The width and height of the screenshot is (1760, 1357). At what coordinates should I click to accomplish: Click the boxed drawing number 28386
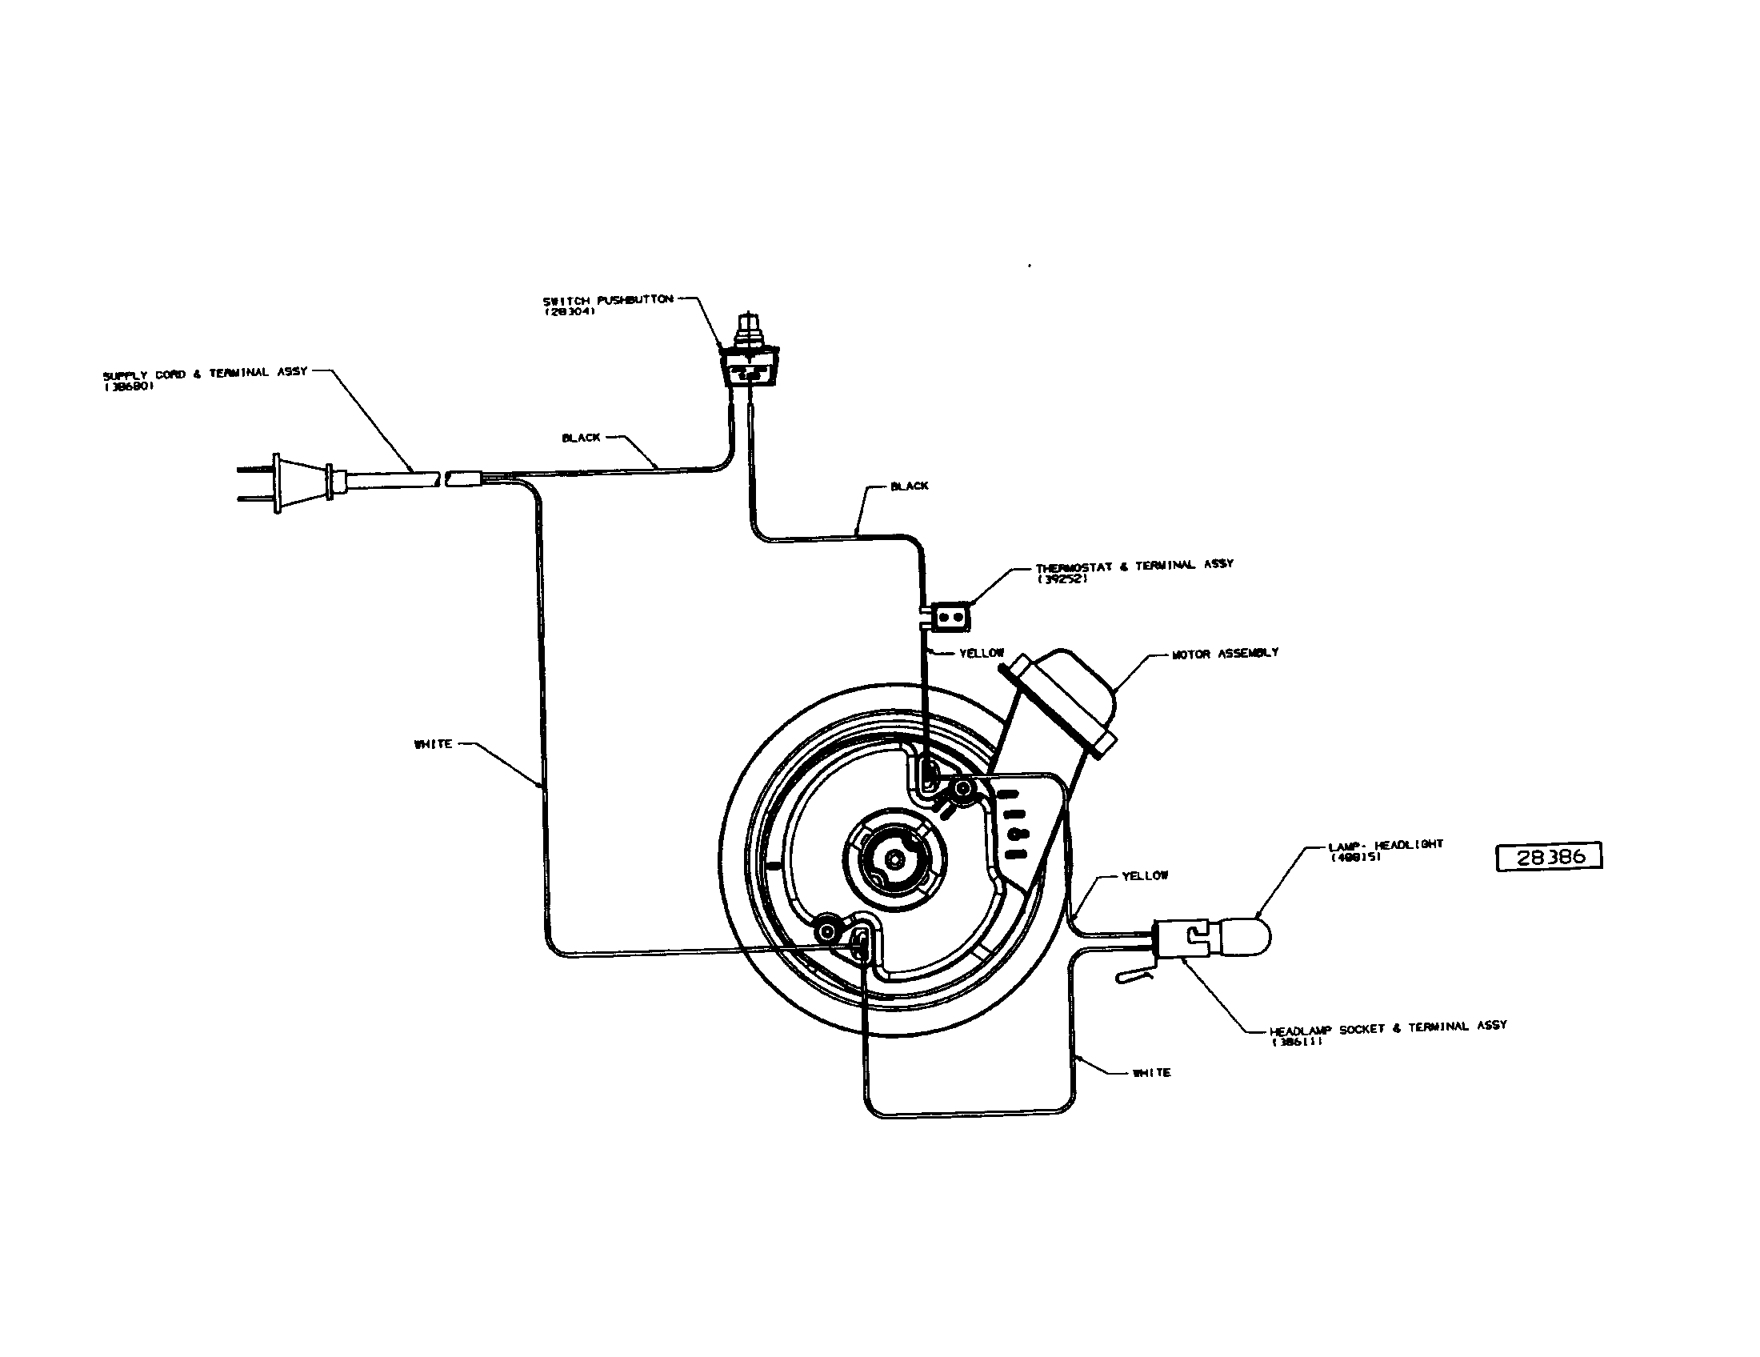pyautogui.click(x=1548, y=857)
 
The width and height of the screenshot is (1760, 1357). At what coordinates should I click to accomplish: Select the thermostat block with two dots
pyautogui.click(x=951, y=618)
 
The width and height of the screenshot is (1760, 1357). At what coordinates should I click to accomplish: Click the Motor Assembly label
pyautogui.click(x=1224, y=654)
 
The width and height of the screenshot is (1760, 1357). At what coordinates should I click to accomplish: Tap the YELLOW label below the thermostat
pyautogui.click(x=981, y=653)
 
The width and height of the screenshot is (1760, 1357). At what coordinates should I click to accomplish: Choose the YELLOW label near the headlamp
pyautogui.click(x=1144, y=876)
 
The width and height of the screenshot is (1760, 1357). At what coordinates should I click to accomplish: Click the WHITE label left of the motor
pyautogui.click(x=433, y=745)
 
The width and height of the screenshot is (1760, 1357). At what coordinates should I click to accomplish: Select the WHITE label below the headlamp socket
pyautogui.click(x=1150, y=1073)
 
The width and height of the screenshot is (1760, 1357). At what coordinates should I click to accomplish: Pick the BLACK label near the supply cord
pyautogui.click(x=581, y=438)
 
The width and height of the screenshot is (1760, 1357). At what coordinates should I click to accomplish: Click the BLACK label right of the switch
pyautogui.click(x=909, y=486)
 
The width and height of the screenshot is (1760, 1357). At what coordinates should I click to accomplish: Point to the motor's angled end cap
pyautogui.click(x=1064, y=701)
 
